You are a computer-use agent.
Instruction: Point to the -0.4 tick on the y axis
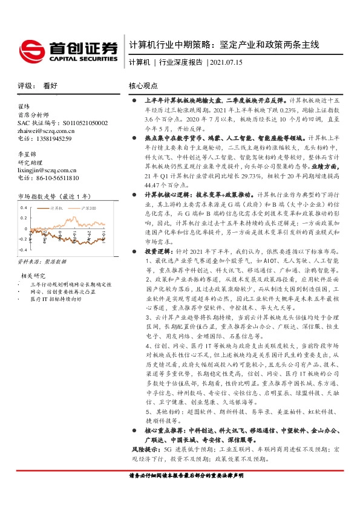coord(22,249)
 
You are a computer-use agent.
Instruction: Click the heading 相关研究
coord(31,277)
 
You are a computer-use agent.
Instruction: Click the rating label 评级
coord(25,86)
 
